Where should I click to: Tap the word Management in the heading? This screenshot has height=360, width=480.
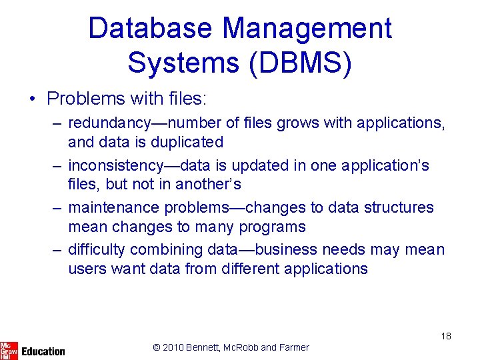(307, 29)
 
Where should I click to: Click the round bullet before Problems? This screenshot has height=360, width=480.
(32, 99)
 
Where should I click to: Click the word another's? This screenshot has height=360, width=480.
(209, 184)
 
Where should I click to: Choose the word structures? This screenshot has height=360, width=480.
(399, 207)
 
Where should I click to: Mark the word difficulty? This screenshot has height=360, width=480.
(96, 249)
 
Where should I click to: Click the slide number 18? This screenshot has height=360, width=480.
(445, 336)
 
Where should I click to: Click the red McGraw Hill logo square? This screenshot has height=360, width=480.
(9, 349)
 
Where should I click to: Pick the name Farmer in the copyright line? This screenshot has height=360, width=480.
(293, 347)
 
